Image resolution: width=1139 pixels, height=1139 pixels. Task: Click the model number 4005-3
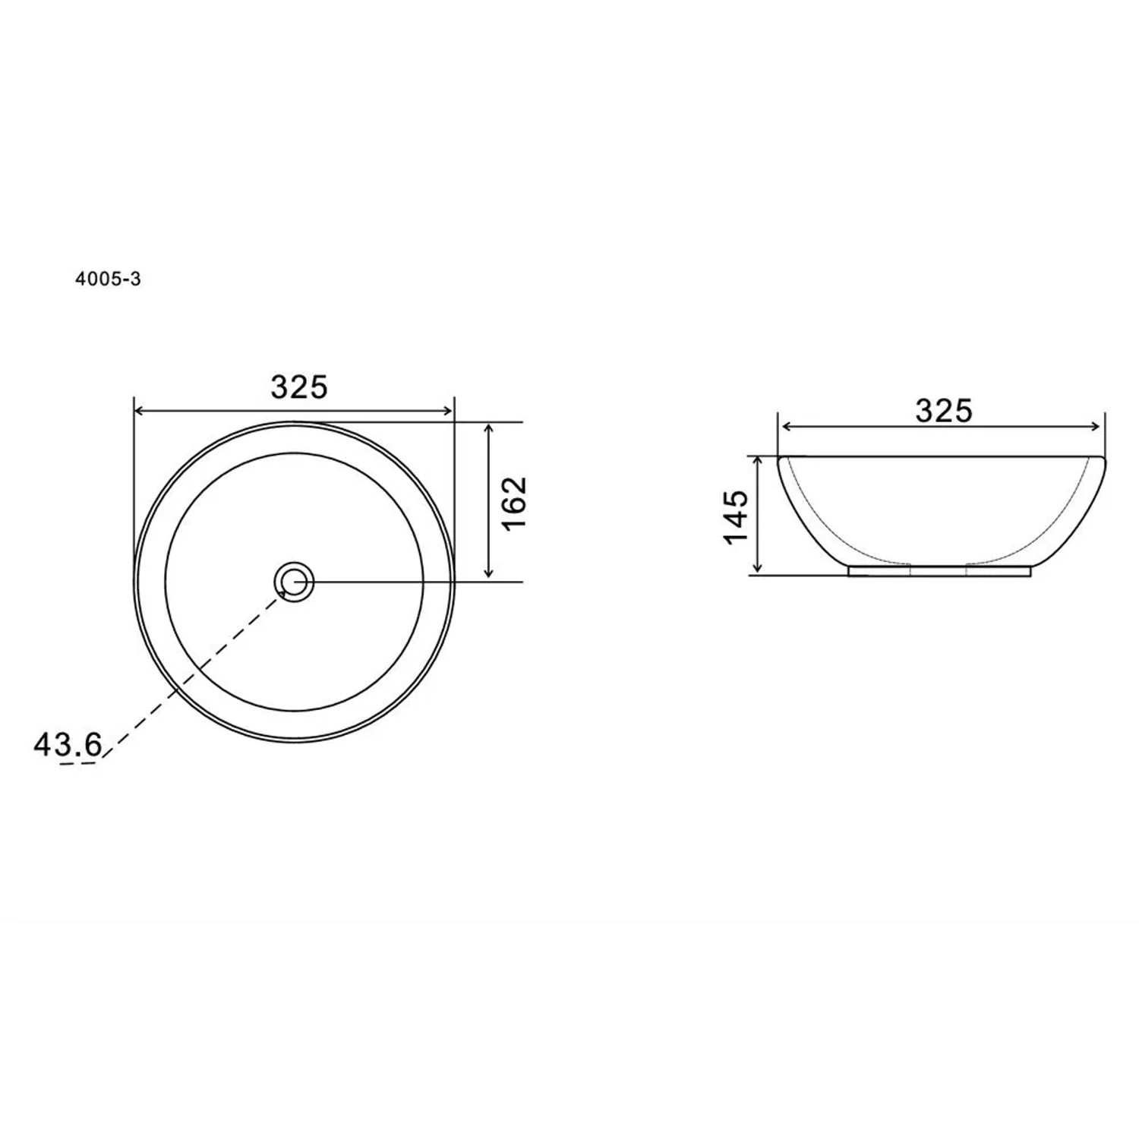[x=108, y=279]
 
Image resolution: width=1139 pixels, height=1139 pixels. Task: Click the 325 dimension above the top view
[x=299, y=387]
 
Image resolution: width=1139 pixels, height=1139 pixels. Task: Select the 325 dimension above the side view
[x=943, y=411]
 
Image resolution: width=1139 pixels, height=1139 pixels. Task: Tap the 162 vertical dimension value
[x=514, y=503]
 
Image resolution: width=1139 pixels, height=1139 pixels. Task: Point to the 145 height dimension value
[x=736, y=517]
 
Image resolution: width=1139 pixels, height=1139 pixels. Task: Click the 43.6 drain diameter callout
[x=68, y=745]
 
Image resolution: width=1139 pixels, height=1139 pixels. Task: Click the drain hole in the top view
[x=294, y=582]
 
